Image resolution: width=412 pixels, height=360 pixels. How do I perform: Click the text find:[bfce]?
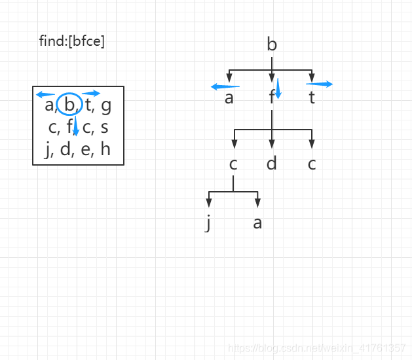72,41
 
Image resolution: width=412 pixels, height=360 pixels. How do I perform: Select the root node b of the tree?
272,45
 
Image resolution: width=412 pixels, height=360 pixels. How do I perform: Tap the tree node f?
271,98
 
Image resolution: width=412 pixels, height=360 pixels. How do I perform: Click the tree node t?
312,98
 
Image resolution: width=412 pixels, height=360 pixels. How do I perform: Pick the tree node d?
272,163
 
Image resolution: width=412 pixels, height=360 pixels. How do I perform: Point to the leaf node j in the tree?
209,223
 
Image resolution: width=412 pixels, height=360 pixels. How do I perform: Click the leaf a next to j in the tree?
257,223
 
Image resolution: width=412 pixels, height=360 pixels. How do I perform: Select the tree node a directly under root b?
229,98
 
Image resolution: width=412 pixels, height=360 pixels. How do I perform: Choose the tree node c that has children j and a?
233,163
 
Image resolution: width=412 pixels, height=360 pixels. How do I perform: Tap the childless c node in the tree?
312,163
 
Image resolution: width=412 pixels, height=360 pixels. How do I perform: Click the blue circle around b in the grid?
69,105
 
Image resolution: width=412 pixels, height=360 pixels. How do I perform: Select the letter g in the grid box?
106,105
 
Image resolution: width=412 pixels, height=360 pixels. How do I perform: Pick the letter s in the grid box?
105,127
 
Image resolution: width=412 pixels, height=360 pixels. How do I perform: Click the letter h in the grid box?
105,150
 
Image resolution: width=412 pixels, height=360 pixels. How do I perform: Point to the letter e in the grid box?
85,150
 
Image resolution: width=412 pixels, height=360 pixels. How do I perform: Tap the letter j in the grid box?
48,150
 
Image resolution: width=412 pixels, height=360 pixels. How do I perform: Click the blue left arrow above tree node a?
225,86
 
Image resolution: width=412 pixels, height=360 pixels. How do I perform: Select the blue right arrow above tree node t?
319,84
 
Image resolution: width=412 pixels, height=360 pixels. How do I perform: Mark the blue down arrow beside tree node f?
278,88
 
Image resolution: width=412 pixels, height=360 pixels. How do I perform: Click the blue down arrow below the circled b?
76,125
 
